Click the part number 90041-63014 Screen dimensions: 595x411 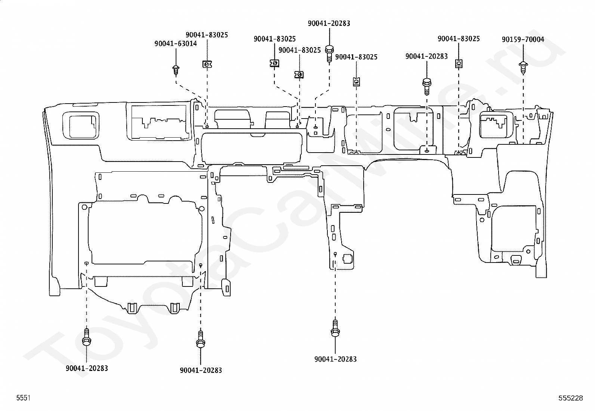click(176, 44)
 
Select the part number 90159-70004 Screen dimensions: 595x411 click(523, 39)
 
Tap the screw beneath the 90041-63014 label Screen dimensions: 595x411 click(176, 70)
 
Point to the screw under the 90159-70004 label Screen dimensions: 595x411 click(523, 68)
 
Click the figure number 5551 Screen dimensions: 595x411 click(24, 398)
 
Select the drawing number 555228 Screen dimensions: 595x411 click(571, 398)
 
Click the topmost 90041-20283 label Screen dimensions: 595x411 click(329, 24)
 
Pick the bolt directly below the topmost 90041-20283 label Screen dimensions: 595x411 click(329, 54)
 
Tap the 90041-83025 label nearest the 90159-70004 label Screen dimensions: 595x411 click(459, 39)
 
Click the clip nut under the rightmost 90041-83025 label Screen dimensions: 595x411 click(459, 64)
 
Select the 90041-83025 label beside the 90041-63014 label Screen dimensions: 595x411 click(207, 35)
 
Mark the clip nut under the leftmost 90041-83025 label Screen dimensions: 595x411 click(207, 64)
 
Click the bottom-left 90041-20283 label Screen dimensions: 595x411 click(87, 368)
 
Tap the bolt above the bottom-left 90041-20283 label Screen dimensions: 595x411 click(87, 337)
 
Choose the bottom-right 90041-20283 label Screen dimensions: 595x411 click(336, 359)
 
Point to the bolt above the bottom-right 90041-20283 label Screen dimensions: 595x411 click(335, 328)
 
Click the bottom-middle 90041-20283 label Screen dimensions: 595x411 click(201, 370)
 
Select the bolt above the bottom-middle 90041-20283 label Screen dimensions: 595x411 click(201, 339)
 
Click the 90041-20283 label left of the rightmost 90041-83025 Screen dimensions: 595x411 click(426, 56)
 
